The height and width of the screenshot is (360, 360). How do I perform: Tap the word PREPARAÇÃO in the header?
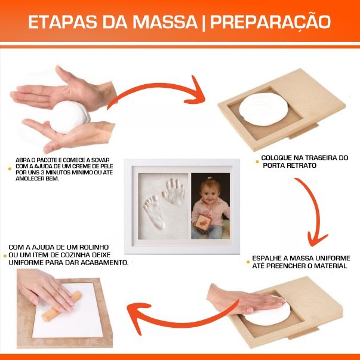tap(270, 22)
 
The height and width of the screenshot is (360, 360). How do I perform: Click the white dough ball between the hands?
tap(69, 116)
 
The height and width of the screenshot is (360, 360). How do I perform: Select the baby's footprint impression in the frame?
tap(154, 211)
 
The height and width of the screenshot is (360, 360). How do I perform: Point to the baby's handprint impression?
tap(173, 192)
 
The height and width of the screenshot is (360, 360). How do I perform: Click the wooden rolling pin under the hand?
tap(61, 306)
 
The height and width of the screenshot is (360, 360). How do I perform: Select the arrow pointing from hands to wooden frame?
tap(156, 91)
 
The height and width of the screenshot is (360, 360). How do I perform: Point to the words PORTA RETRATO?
tap(290, 165)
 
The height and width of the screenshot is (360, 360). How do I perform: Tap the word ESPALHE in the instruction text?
tap(266, 258)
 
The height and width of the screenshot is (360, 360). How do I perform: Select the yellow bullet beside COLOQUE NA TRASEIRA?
tap(257, 162)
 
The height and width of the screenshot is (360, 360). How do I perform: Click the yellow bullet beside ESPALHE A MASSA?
tap(248, 262)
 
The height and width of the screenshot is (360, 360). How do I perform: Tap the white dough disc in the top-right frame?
tap(263, 109)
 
